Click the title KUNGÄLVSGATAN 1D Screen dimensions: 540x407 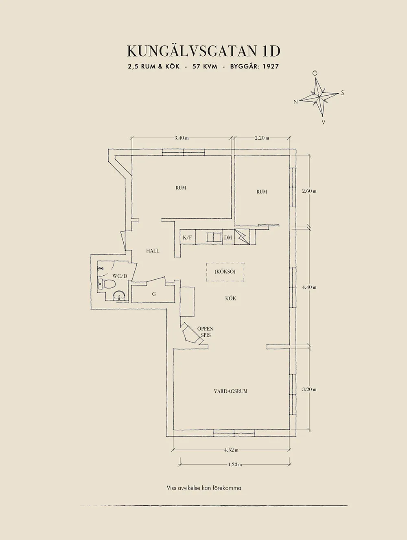click(203, 51)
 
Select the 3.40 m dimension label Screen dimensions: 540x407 click(181, 138)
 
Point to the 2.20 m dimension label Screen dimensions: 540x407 click(262, 138)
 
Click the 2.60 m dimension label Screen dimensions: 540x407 click(309, 191)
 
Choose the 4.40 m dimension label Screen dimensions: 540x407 click(309, 287)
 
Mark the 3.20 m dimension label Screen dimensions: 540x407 click(309, 389)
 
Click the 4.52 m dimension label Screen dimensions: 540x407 click(231, 450)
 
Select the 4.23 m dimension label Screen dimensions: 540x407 click(234, 464)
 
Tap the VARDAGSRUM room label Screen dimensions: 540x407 click(231, 391)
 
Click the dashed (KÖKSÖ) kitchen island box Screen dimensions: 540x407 click(225, 272)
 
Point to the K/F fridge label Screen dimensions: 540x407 click(187, 237)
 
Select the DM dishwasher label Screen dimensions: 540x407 click(228, 237)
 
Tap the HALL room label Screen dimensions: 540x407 click(153, 251)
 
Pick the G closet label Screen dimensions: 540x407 click(154, 294)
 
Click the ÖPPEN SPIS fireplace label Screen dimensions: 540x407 click(205, 332)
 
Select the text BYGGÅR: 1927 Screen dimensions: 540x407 click(254, 66)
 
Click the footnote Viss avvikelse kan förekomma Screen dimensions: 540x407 click(204, 488)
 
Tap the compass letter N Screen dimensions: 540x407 click(296, 102)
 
